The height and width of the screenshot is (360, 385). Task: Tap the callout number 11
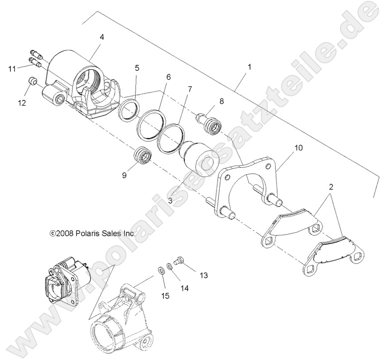pos(12,69)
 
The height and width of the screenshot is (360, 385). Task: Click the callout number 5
pos(137,68)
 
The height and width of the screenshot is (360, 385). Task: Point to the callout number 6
pos(168,77)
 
